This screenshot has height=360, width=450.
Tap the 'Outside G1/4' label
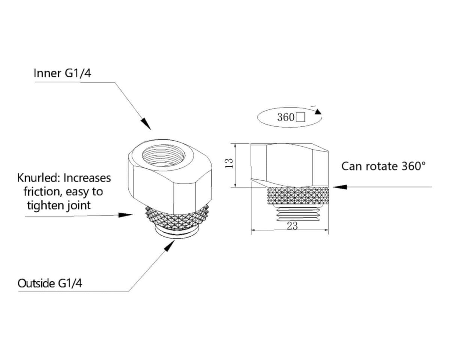click(50, 283)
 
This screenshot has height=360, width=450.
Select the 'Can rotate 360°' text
click(384, 166)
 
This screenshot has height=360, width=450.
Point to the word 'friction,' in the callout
click(42, 192)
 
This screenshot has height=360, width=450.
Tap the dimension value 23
click(292, 226)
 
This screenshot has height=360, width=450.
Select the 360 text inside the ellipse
click(285, 117)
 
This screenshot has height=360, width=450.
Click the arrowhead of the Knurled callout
click(126, 215)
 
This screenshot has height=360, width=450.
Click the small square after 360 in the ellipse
click(300, 118)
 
